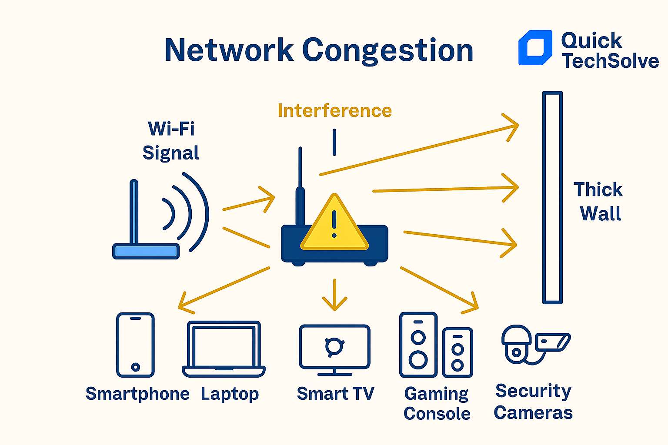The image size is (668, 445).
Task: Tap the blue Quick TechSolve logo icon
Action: tap(535, 48)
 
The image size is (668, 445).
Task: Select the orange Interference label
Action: tap(334, 110)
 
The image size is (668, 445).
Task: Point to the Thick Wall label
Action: tap(599, 202)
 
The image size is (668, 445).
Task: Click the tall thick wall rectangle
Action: tap(552, 197)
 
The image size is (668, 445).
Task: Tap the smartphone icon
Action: tap(135, 345)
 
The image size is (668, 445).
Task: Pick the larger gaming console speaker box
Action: tap(418, 345)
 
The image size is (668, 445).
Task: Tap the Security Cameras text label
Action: tap(533, 402)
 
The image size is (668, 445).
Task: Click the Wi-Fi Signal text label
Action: tap(170, 141)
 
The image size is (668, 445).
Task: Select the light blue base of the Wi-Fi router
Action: tap(146, 251)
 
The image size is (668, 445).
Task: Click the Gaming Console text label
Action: tap(437, 403)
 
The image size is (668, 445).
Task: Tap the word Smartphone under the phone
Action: tap(137, 394)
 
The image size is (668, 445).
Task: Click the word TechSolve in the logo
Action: tap(610, 61)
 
